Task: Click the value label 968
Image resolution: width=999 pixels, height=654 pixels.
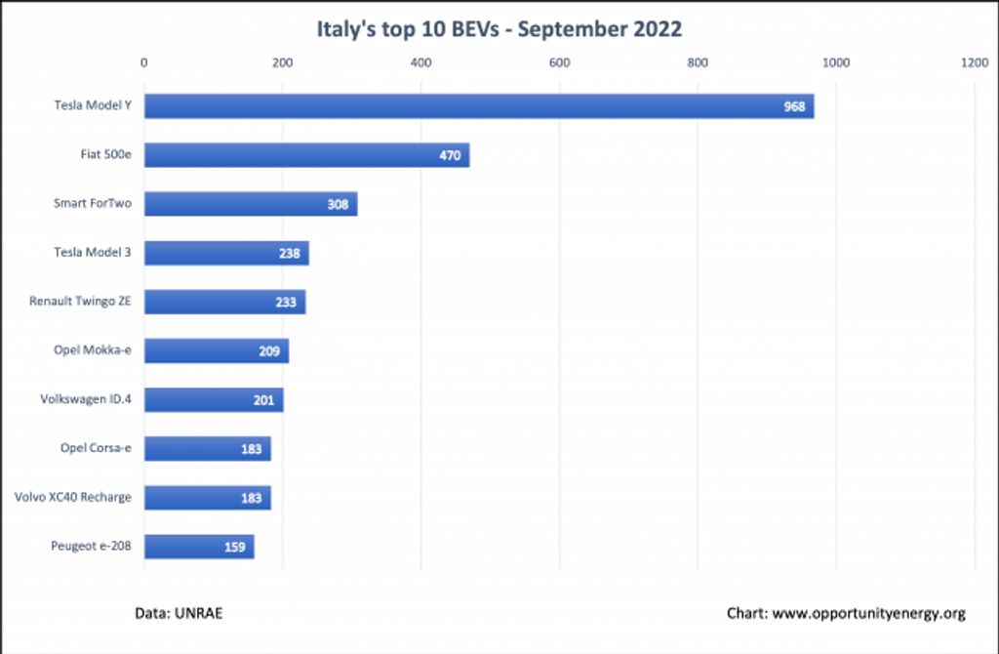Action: tap(794, 106)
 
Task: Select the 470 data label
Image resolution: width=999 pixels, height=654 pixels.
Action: tap(450, 155)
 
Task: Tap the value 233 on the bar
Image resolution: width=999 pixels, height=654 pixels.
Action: tap(286, 303)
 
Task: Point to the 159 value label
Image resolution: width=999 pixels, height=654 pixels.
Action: tap(234, 547)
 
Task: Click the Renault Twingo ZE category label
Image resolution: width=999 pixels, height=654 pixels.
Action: tap(80, 302)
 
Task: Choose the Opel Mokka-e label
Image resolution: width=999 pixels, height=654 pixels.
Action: tap(93, 350)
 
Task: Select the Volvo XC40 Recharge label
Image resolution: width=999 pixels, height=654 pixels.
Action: tap(73, 497)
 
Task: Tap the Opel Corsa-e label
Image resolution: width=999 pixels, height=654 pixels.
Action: tap(96, 448)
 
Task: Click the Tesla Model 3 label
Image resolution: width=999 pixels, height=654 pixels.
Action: tap(93, 253)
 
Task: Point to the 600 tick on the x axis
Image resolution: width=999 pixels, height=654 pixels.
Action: tap(559, 63)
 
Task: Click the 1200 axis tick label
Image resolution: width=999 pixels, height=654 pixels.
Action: tap(974, 63)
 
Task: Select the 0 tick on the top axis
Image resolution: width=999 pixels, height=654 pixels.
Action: tap(144, 63)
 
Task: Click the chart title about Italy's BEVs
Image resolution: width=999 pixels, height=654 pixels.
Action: tap(499, 28)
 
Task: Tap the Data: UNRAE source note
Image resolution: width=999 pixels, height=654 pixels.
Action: tap(185, 613)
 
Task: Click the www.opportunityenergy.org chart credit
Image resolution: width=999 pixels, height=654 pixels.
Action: tap(846, 613)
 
